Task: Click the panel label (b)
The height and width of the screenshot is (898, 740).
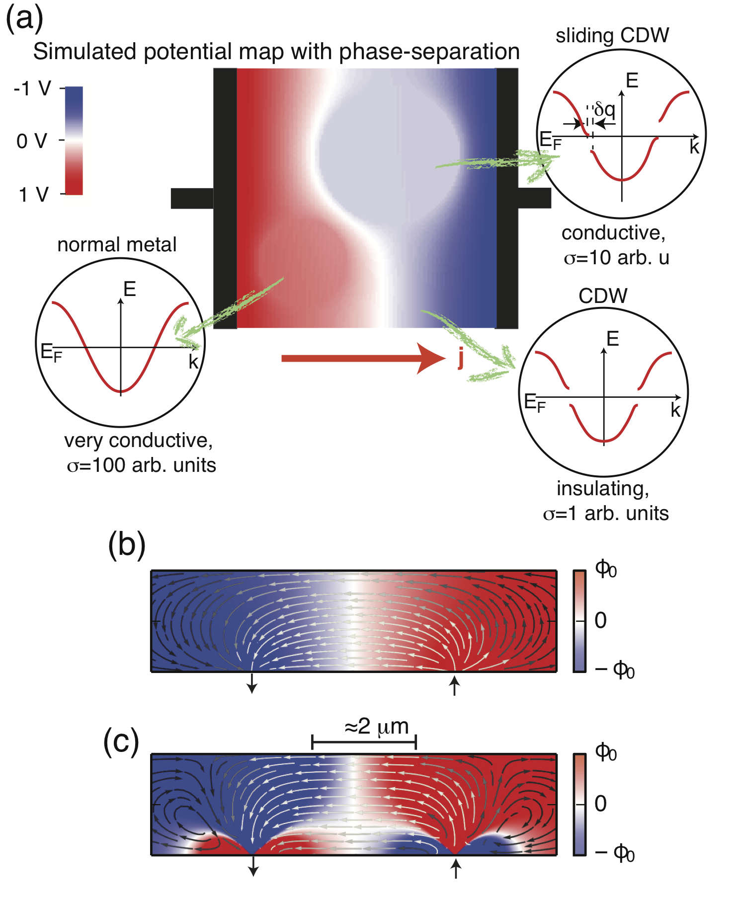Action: [127, 544]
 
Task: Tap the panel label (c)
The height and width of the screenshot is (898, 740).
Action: [121, 742]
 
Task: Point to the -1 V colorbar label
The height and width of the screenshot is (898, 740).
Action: [32, 89]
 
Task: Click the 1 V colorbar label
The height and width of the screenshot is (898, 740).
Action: [34, 195]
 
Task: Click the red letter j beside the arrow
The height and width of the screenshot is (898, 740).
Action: [461, 358]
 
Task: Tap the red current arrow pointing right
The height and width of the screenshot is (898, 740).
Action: [363, 358]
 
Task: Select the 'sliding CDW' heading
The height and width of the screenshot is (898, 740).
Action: [612, 36]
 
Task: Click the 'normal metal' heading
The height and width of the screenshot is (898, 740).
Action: [117, 244]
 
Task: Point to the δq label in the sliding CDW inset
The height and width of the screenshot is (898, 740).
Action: [605, 109]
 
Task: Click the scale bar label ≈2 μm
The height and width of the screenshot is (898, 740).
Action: [377, 727]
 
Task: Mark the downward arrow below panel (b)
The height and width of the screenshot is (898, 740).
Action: [252, 683]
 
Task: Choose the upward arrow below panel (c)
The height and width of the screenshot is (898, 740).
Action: [456, 869]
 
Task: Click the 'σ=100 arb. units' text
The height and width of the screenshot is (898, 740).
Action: [142, 465]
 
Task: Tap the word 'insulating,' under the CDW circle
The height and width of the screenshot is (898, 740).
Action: [603, 489]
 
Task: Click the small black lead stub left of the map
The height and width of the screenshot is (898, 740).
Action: [192, 198]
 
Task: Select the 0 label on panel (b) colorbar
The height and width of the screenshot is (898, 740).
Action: [601, 620]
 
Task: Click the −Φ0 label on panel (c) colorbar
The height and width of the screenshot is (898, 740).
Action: [615, 854]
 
